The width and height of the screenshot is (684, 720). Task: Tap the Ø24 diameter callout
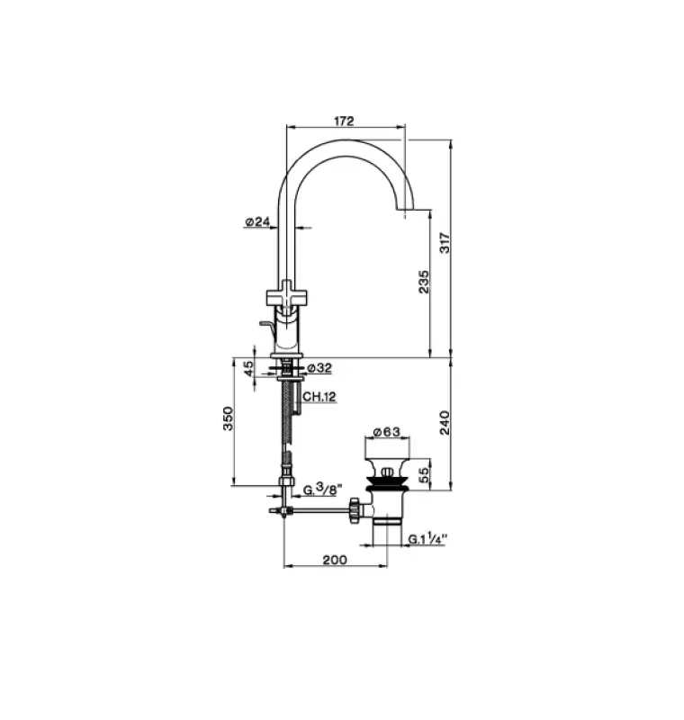tap(258, 220)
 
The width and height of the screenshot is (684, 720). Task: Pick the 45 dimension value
tap(247, 369)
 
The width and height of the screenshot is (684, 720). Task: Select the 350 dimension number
tap(229, 420)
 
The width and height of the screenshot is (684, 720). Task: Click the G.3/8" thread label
tap(321, 490)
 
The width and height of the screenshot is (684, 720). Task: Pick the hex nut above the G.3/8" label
tap(285, 483)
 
